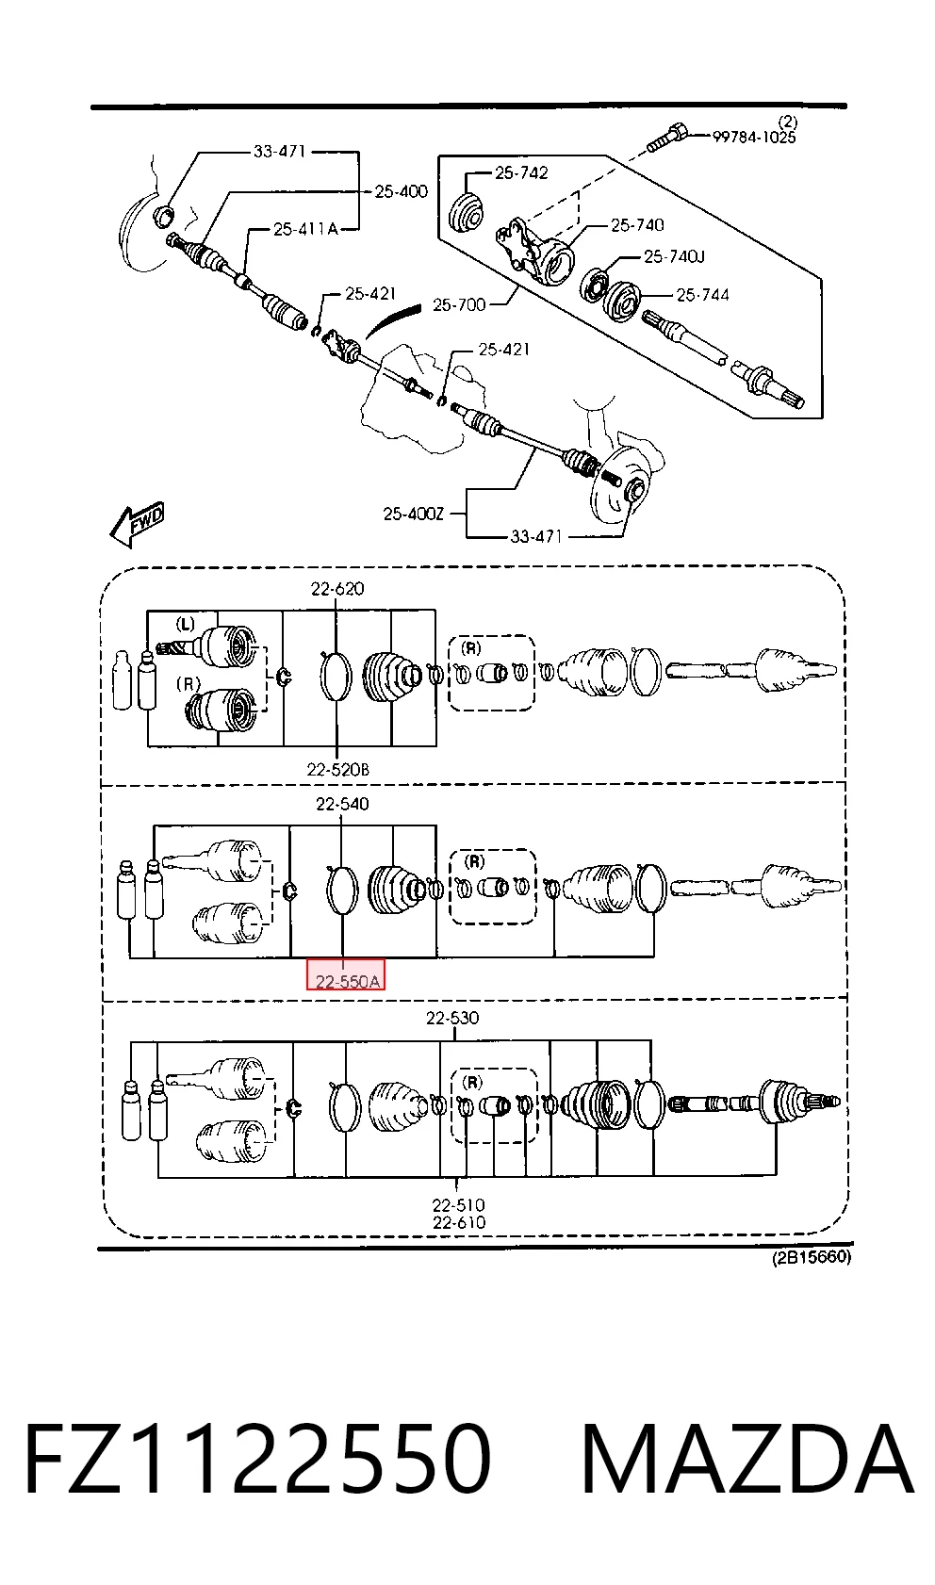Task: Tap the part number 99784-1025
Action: (754, 138)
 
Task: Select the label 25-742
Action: (521, 172)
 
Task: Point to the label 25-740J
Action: (674, 256)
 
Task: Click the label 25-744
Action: (702, 294)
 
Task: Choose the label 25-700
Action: (459, 305)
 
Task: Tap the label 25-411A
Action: (305, 229)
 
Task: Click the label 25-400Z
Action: (414, 514)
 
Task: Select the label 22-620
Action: (337, 588)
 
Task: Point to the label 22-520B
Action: (337, 769)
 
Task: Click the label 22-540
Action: (342, 804)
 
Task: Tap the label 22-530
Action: (452, 1018)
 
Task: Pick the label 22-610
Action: (459, 1222)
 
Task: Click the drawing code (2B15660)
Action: (812, 1257)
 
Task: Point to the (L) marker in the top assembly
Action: (185, 624)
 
